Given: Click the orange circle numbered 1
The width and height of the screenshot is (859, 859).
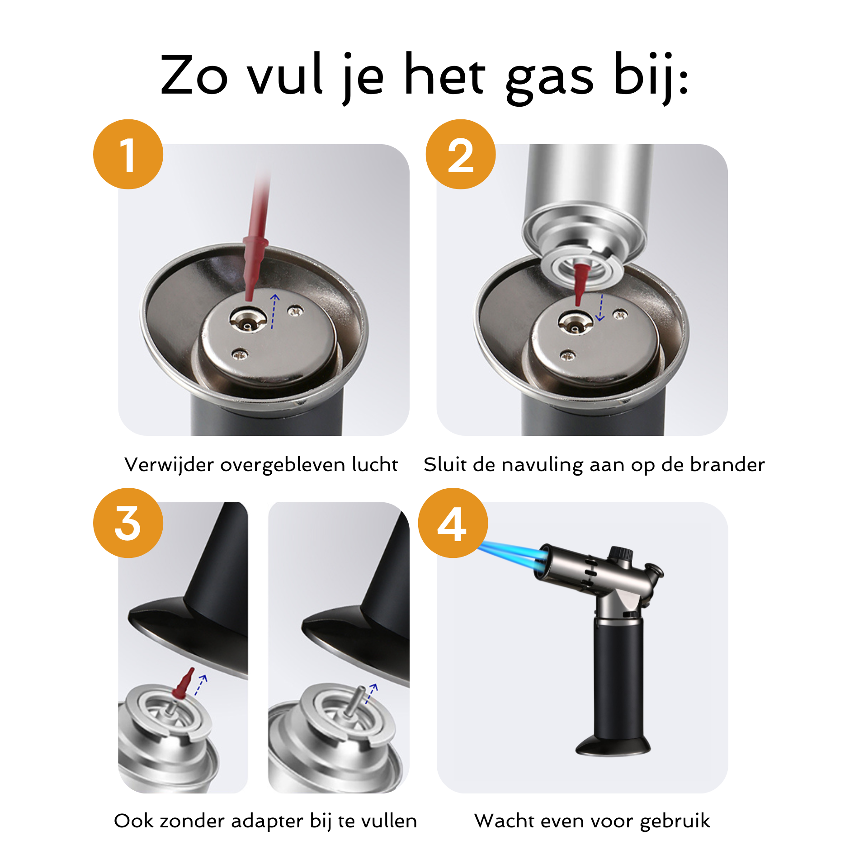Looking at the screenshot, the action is coord(128,154).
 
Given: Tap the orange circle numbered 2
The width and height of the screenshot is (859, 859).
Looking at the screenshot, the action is coord(461,154).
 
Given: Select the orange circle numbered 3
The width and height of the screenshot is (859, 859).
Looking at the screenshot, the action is coord(128,523).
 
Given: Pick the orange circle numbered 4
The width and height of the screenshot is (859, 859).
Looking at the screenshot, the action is coord(453,523).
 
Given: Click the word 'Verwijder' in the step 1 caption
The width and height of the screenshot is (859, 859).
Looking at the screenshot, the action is coord(169,465).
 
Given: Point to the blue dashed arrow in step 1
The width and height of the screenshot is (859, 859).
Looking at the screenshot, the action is coord(274,311).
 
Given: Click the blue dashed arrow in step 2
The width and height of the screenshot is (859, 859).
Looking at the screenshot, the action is coord(600,307).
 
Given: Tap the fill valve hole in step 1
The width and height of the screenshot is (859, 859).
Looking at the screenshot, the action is coord(247,321).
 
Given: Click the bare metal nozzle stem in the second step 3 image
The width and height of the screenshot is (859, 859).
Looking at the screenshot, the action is coord(355,701).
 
